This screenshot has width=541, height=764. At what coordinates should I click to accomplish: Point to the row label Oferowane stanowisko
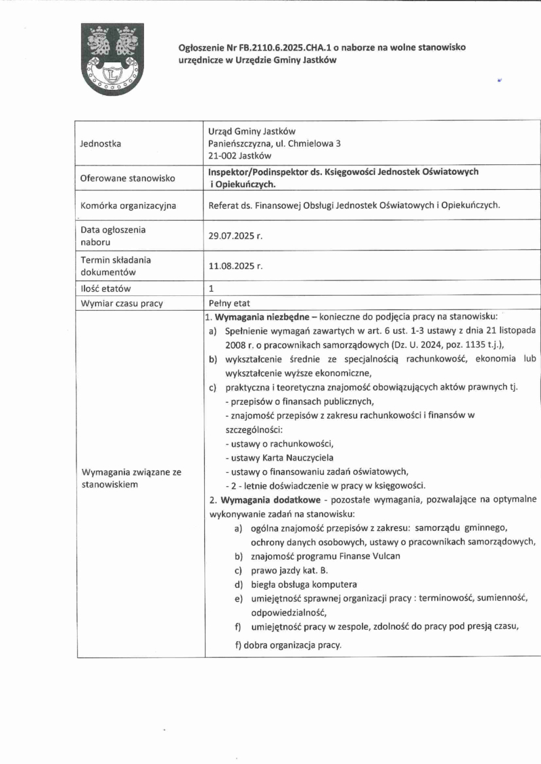click(127, 178)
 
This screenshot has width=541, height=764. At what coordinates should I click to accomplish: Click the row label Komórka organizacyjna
click(128, 205)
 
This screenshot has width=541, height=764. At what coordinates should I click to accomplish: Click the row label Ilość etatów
click(105, 289)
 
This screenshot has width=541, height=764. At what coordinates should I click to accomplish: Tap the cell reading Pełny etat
click(229, 303)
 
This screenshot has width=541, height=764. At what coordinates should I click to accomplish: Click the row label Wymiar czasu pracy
click(121, 303)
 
